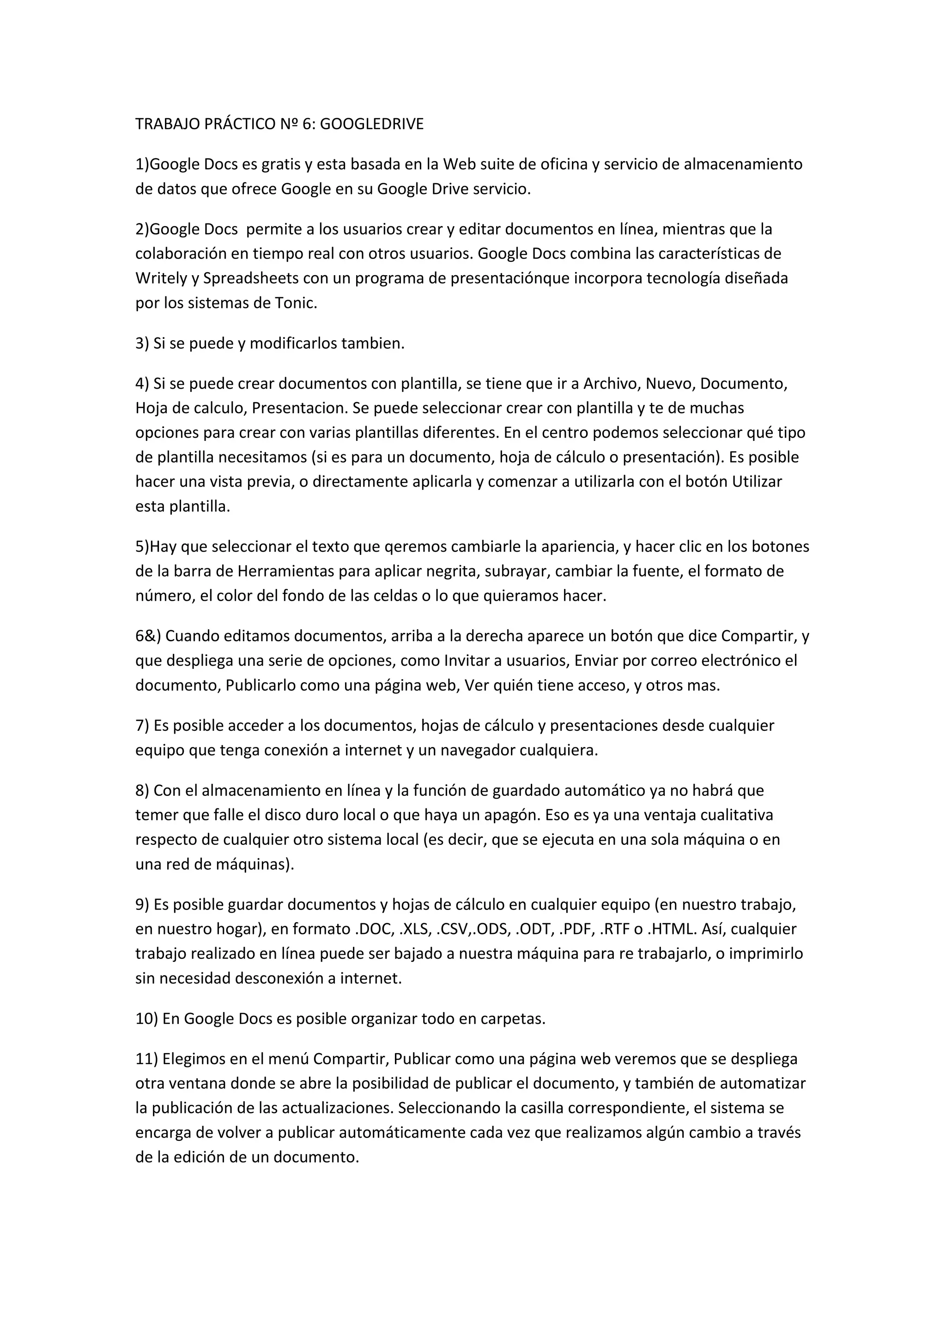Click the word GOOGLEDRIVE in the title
coord(372,124)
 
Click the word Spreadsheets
coord(251,278)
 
